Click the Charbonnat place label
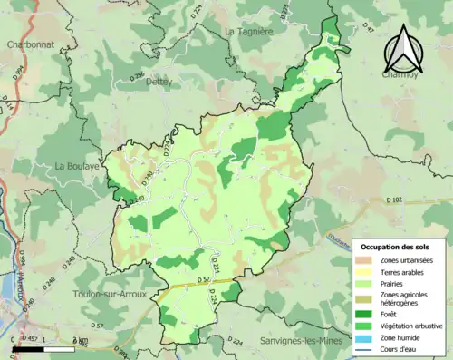click(x=32, y=44)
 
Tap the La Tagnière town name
click(x=248, y=31)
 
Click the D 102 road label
click(x=393, y=199)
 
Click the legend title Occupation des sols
click(x=398, y=247)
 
